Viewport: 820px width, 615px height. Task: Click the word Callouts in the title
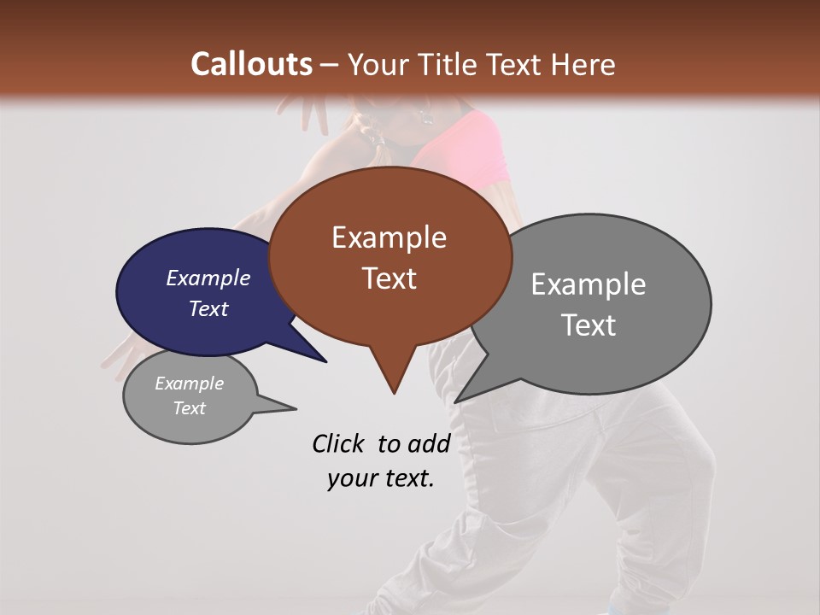click(252, 64)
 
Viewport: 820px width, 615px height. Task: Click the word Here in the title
click(583, 64)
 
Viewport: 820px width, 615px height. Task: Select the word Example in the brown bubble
click(389, 237)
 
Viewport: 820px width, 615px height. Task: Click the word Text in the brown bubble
click(389, 278)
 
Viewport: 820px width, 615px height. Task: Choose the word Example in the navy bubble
click(208, 278)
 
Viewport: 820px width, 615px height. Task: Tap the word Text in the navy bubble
click(208, 308)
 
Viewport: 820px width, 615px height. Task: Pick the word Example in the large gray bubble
click(588, 284)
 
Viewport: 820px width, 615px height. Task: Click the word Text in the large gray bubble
click(588, 325)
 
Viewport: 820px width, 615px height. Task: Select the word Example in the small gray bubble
click(189, 384)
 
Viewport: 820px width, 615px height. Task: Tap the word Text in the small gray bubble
click(189, 408)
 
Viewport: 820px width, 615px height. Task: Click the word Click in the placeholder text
click(338, 443)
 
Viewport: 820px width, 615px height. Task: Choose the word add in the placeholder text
click(428, 443)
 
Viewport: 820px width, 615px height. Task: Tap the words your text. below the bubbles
click(380, 478)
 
